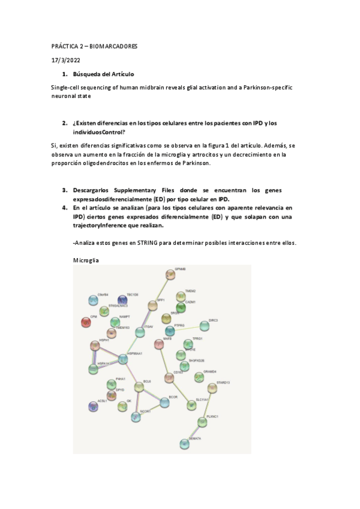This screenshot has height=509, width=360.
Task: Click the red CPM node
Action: pos(86,322)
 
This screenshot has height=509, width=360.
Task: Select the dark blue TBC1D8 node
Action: pos(123,300)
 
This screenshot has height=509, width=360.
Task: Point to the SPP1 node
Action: pos(152,306)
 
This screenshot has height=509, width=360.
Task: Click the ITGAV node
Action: pos(140,331)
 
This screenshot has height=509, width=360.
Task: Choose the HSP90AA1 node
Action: pos(123,359)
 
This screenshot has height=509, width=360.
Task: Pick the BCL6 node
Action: pos(139,387)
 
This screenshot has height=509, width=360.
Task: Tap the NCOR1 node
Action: pos(136,416)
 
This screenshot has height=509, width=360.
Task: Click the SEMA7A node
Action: pos(185,444)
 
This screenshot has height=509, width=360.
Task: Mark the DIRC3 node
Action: pos(205,326)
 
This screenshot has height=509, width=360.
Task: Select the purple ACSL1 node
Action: pos(93,406)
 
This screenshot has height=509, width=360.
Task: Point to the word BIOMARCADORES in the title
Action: pos(114,46)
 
